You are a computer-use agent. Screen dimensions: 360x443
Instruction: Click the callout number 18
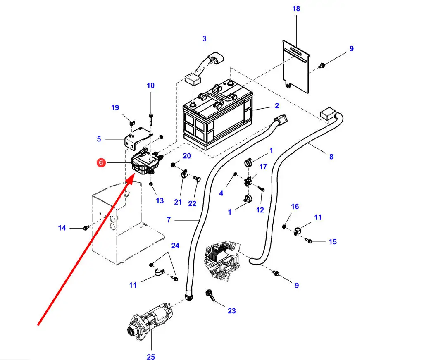pyautogui.click(x=296, y=9)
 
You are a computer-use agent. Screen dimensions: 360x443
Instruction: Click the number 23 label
pyautogui.click(x=231, y=310)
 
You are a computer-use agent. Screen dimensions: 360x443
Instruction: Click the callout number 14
pyautogui.click(x=62, y=228)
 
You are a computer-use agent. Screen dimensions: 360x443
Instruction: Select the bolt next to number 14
pyautogui.click(x=86, y=228)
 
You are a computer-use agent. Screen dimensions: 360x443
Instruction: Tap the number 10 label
pyautogui.click(x=150, y=86)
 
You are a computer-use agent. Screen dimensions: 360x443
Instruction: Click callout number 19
pyautogui.click(x=115, y=108)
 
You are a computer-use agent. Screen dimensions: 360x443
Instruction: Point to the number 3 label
pyautogui.click(x=204, y=39)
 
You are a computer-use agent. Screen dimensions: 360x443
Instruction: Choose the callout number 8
pyautogui.click(x=331, y=157)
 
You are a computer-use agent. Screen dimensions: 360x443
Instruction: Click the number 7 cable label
pyautogui.click(x=169, y=220)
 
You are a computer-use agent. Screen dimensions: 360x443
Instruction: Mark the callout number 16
pyautogui.click(x=295, y=207)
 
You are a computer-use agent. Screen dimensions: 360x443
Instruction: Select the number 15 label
pyautogui.click(x=333, y=242)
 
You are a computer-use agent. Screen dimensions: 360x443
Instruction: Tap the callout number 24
pyautogui.click(x=175, y=246)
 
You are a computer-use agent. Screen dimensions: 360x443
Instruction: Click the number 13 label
pyautogui.click(x=160, y=201)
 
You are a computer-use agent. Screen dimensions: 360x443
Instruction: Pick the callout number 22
pyautogui.click(x=193, y=203)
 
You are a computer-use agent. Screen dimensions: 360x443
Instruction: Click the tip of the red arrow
pyautogui.click(x=133, y=176)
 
